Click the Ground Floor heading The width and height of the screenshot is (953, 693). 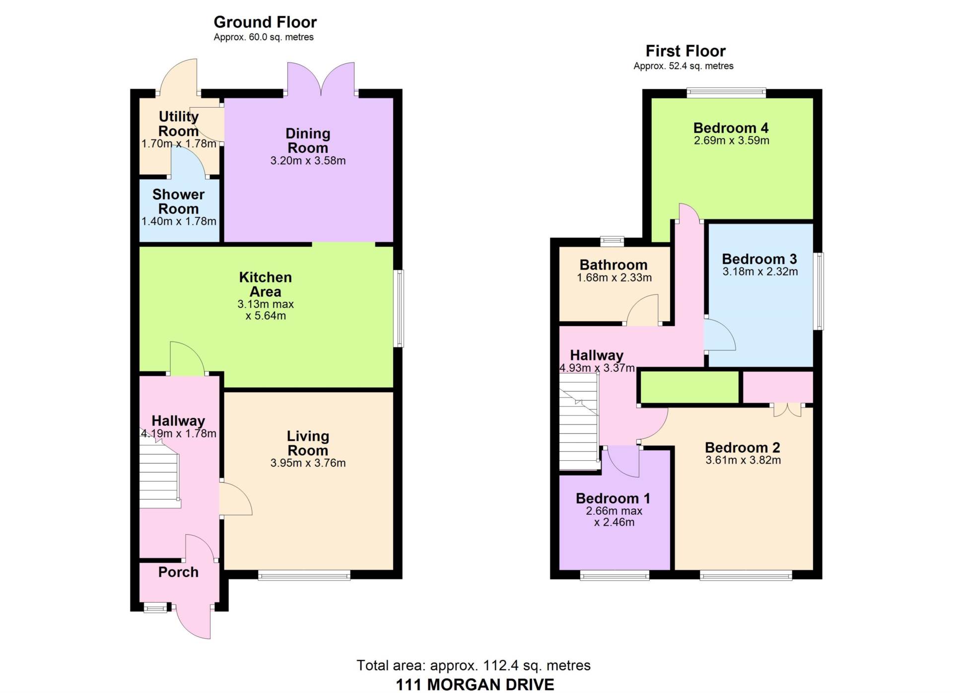[x=265, y=22]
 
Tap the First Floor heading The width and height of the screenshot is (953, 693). [x=685, y=51]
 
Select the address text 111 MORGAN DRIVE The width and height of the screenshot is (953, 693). [x=475, y=685]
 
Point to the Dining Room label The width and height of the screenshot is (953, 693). [x=308, y=140]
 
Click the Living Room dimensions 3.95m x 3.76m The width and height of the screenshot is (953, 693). [x=308, y=463]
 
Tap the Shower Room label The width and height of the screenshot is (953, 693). [x=178, y=201]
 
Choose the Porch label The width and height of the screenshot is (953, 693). [x=178, y=572]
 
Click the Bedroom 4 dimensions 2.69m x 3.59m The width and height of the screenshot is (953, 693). [x=732, y=140]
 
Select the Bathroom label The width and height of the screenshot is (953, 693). [x=613, y=265]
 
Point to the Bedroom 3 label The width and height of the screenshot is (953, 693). [x=759, y=259]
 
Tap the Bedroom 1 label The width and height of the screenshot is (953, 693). [x=613, y=498]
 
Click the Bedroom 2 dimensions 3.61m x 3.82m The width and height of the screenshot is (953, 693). [x=743, y=460]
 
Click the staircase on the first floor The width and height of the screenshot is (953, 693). [x=579, y=422]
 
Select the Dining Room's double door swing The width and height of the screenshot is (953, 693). [x=321, y=78]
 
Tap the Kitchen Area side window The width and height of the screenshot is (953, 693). [x=399, y=308]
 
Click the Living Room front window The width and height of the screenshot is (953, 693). [x=304, y=575]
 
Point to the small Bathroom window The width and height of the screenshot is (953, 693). [x=612, y=241]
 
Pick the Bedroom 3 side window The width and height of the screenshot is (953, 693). [x=818, y=291]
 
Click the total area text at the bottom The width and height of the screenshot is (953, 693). [x=474, y=666]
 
